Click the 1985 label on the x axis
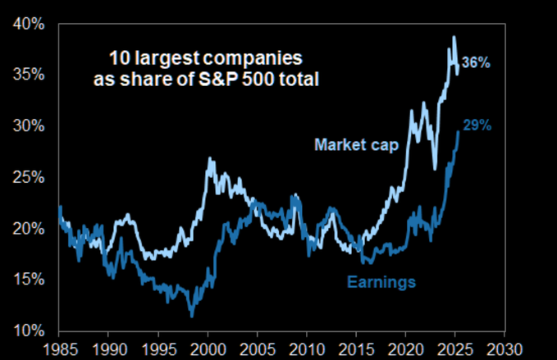[60, 349]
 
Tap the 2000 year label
[208, 349]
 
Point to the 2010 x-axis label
[307, 349]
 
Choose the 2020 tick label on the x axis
[406, 349]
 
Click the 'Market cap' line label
[356, 146]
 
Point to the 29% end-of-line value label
[477, 125]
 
